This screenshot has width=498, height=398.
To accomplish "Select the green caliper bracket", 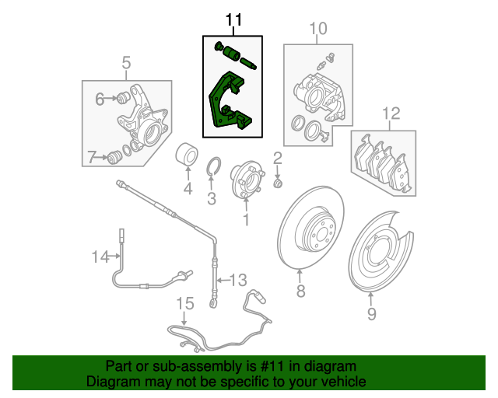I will (225, 105).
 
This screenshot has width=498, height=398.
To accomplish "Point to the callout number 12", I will (390, 113).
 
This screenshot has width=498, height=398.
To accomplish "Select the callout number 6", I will (100, 99).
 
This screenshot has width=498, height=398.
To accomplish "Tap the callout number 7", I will (92, 157).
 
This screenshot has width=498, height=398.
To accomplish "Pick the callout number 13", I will (237, 279).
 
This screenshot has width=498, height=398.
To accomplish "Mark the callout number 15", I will (184, 302).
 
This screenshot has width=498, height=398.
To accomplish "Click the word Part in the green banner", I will (119, 366).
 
